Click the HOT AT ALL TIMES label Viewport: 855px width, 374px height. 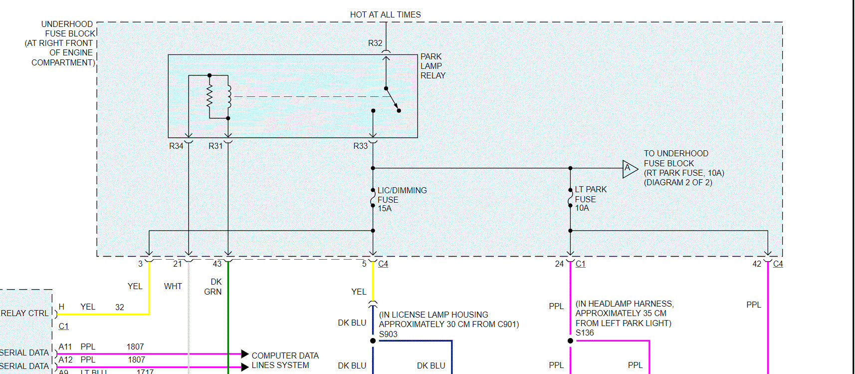(385, 15)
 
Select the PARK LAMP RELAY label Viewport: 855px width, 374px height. (432, 66)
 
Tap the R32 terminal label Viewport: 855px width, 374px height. (375, 43)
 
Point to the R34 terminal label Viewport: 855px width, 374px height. (176, 146)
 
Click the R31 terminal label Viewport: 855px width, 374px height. (215, 146)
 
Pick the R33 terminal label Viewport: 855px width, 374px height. (360, 146)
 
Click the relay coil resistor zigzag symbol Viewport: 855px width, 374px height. (210, 96)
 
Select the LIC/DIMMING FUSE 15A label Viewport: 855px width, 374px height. (402, 199)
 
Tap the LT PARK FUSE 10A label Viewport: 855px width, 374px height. (590, 199)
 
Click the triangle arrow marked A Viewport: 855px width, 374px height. (629, 169)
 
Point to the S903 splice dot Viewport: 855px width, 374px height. (373, 341)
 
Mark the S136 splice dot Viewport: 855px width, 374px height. (570, 341)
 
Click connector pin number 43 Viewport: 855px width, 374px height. (217, 264)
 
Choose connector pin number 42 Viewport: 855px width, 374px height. (757, 264)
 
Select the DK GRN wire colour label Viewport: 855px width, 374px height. (214, 287)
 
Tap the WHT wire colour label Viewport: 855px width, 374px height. (173, 286)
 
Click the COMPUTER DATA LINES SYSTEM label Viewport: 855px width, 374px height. (284, 360)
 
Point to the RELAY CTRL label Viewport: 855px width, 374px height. (24, 313)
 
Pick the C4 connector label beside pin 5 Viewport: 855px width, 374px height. (383, 264)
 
